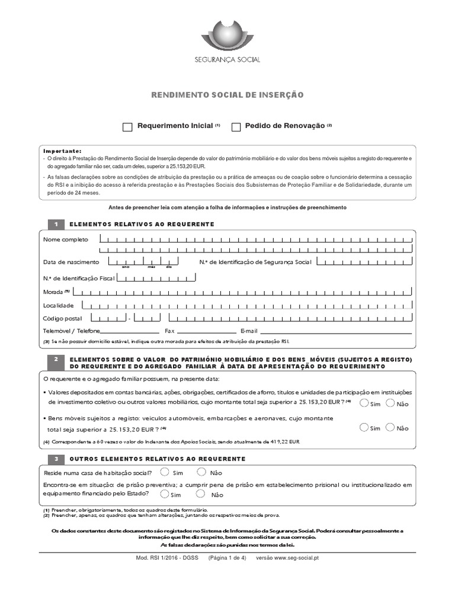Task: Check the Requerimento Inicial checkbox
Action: [127, 127]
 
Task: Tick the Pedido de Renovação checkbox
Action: [236, 127]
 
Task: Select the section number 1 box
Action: [55, 224]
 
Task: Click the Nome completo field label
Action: [65, 239]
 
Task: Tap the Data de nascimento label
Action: [71, 261]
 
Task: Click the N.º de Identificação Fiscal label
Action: [78, 277]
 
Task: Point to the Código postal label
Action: [62, 318]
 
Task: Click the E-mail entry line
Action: [335, 331]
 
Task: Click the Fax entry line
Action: [206, 331]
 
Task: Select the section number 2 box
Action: [55, 360]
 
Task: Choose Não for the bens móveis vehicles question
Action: [390, 427]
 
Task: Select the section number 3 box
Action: [55, 459]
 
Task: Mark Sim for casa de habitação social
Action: [165, 472]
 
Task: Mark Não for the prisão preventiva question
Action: [201, 494]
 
